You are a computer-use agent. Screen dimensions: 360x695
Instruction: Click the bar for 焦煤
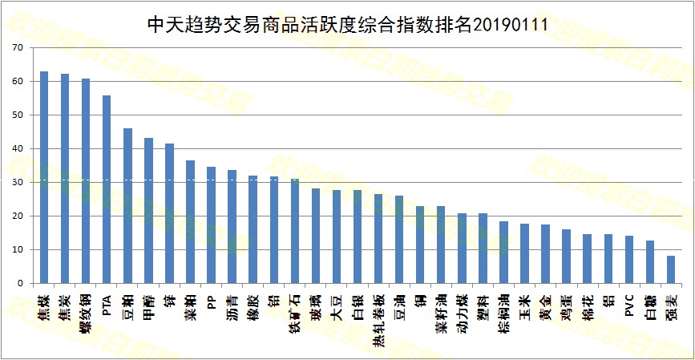[x=44, y=177]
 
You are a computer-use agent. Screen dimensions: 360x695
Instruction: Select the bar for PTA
[x=107, y=189]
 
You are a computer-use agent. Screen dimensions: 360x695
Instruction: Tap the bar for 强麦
[x=670, y=269]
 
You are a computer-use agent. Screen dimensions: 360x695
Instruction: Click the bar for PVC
[x=628, y=260]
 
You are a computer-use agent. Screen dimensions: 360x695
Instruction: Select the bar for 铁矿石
[x=294, y=231]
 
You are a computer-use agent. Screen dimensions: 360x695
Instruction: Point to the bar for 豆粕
[x=127, y=206]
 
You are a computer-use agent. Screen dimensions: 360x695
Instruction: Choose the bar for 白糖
[x=649, y=262]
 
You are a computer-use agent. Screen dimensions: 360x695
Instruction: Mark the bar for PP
[x=211, y=225]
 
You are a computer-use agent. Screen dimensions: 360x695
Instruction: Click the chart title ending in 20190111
[x=347, y=24]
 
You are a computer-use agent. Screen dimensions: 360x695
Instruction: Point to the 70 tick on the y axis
[x=17, y=48]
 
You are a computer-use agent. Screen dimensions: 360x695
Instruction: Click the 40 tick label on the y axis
[x=17, y=149]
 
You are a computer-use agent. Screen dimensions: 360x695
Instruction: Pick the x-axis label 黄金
[x=545, y=305]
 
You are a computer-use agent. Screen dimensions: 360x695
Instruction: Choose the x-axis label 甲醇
[x=148, y=305]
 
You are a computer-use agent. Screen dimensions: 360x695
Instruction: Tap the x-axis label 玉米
[x=524, y=305]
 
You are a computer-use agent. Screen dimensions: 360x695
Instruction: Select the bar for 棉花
[x=587, y=259]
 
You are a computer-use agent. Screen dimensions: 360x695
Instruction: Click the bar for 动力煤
[x=462, y=249]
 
